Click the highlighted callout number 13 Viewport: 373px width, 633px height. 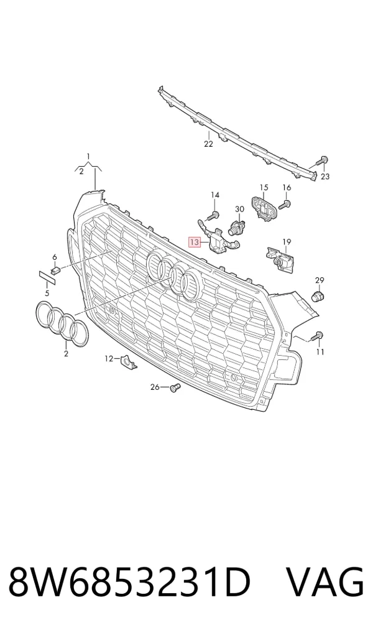[x=195, y=243]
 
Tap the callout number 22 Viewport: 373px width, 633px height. [x=208, y=144]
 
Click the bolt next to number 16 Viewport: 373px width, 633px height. [x=284, y=205]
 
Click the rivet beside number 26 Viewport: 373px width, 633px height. [x=175, y=388]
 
